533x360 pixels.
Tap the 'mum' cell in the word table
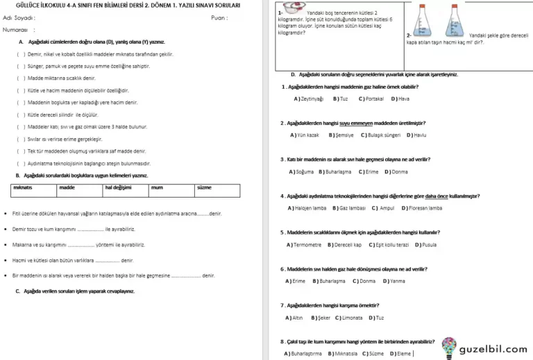coord(157,187)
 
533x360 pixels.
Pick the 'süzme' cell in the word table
coord(204,187)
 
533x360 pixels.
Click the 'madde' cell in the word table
coord(67,187)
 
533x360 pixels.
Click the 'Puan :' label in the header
coord(220,18)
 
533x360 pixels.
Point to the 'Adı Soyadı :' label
coord(19,18)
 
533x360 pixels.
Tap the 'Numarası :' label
coord(19,31)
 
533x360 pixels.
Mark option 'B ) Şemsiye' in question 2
coord(341,135)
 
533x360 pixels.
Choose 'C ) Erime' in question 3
coord(369,171)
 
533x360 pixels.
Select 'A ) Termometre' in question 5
coord(304,244)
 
